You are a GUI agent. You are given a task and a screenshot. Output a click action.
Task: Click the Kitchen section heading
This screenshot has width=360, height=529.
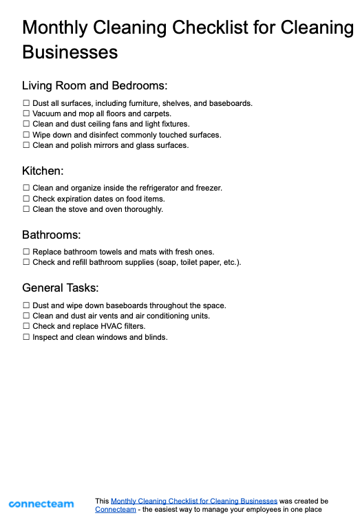[43, 171]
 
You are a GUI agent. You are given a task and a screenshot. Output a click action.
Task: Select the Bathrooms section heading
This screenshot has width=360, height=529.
[52, 235]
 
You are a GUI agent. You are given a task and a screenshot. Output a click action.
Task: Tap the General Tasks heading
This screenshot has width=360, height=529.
[61, 288]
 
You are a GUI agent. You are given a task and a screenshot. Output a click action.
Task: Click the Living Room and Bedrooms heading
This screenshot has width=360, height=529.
[95, 86]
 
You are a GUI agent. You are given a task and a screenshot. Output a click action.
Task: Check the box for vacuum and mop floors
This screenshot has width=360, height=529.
[26, 114]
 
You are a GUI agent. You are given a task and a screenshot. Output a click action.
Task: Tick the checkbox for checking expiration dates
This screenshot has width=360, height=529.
[26, 199]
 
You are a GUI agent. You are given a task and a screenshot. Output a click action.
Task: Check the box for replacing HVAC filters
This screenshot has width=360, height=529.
[26, 327]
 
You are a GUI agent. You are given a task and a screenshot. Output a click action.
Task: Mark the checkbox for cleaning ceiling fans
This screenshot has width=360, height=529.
[26, 125]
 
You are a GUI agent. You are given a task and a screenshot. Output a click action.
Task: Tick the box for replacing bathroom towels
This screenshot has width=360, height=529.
[26, 252]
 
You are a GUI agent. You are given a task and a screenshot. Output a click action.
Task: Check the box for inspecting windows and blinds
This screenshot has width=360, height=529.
[26, 338]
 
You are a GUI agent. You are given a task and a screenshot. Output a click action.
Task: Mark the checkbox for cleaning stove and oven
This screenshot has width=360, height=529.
[26, 209]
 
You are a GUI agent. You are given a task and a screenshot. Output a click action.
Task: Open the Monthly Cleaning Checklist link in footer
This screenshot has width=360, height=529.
[194, 501]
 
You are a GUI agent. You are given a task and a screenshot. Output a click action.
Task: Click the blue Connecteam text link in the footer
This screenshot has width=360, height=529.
[116, 510]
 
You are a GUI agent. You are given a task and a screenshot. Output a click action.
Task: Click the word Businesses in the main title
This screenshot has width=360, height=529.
[70, 52]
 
